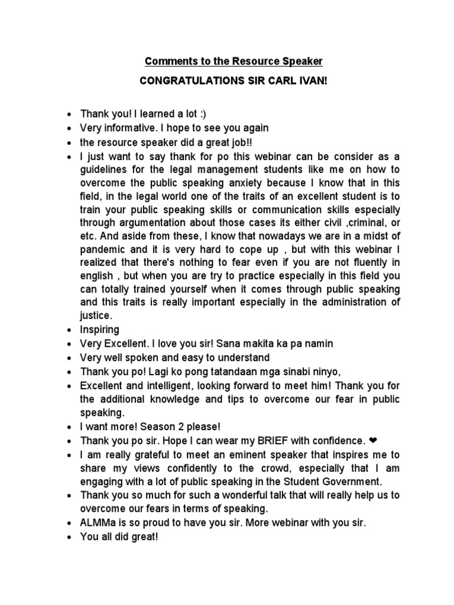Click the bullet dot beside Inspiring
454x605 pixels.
(70, 329)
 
